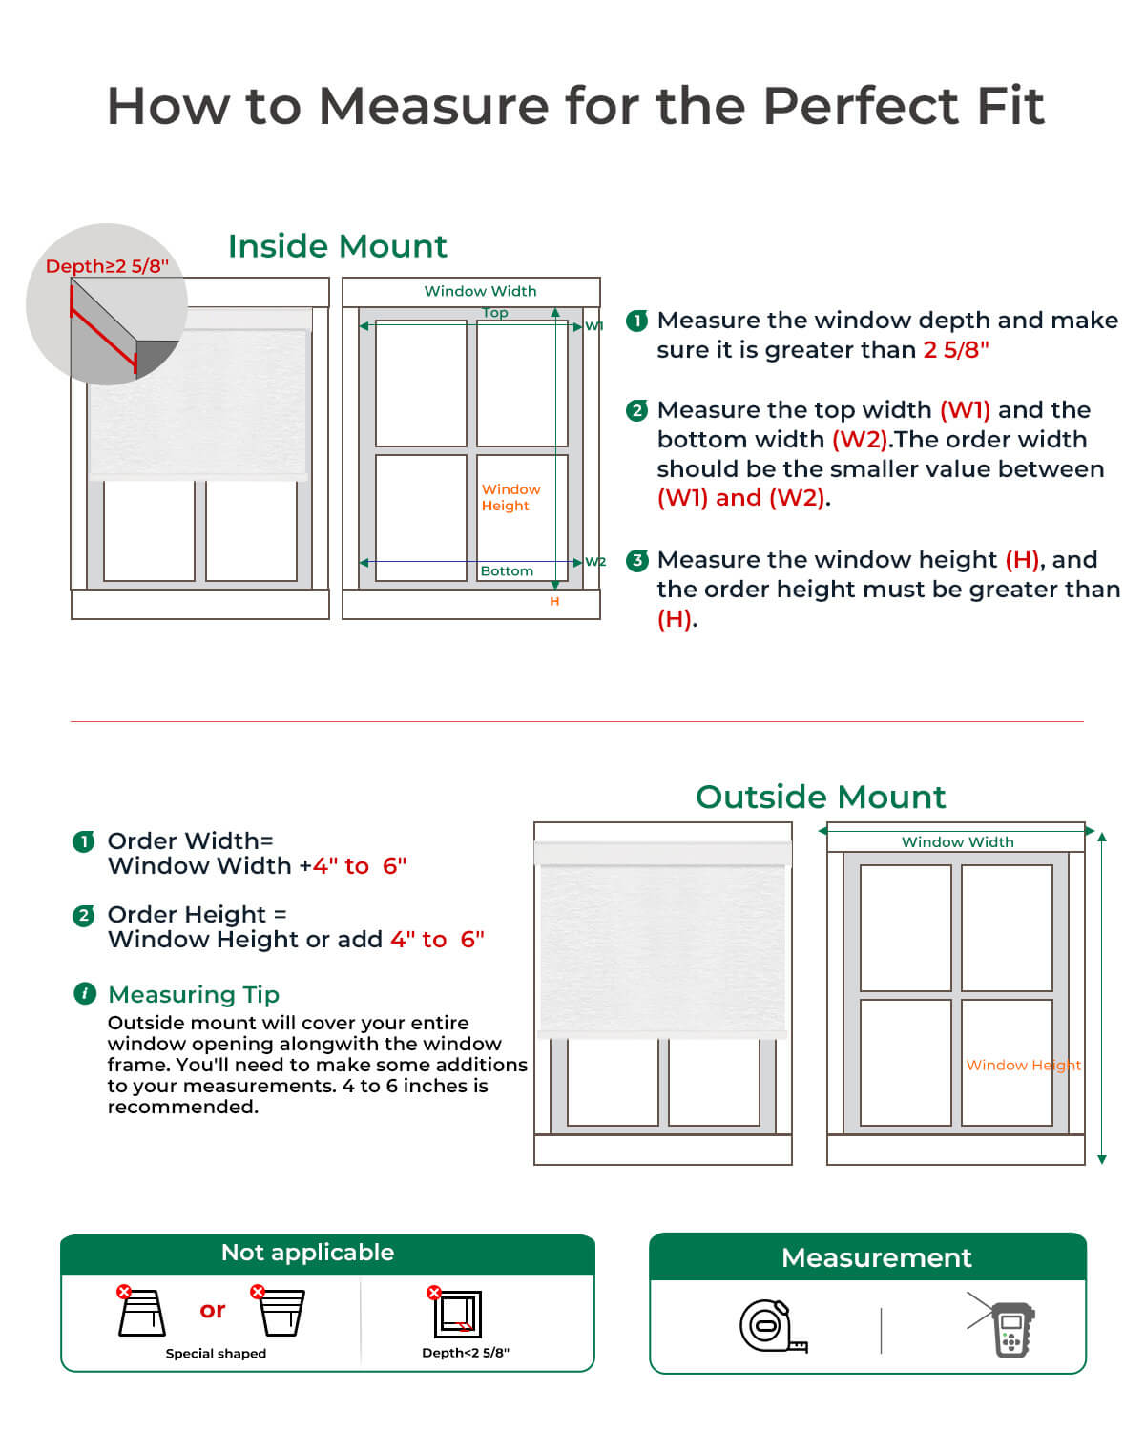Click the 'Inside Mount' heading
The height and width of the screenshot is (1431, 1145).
(337, 246)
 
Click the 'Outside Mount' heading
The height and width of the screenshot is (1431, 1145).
(821, 797)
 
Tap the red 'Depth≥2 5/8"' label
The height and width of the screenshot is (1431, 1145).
(107, 266)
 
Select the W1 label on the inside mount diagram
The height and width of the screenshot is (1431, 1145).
(594, 326)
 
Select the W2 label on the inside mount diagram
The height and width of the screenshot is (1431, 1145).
(595, 562)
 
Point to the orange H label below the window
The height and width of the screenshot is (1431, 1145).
(554, 602)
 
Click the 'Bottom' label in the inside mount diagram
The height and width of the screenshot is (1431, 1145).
(507, 570)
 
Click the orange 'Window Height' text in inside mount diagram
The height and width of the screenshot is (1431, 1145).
(510, 497)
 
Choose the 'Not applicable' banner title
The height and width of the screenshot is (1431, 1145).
(307, 1253)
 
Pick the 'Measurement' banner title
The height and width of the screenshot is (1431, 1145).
(876, 1257)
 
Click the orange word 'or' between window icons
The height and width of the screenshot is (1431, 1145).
(213, 1310)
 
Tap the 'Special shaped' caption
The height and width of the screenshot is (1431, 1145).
(216, 1354)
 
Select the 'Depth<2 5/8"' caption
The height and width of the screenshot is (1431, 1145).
(466, 1353)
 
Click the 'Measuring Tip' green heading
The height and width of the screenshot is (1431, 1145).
(194, 994)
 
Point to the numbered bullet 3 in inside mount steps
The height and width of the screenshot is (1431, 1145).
(637, 560)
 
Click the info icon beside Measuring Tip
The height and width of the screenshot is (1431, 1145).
(85, 994)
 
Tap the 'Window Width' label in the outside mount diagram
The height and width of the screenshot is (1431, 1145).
(957, 841)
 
